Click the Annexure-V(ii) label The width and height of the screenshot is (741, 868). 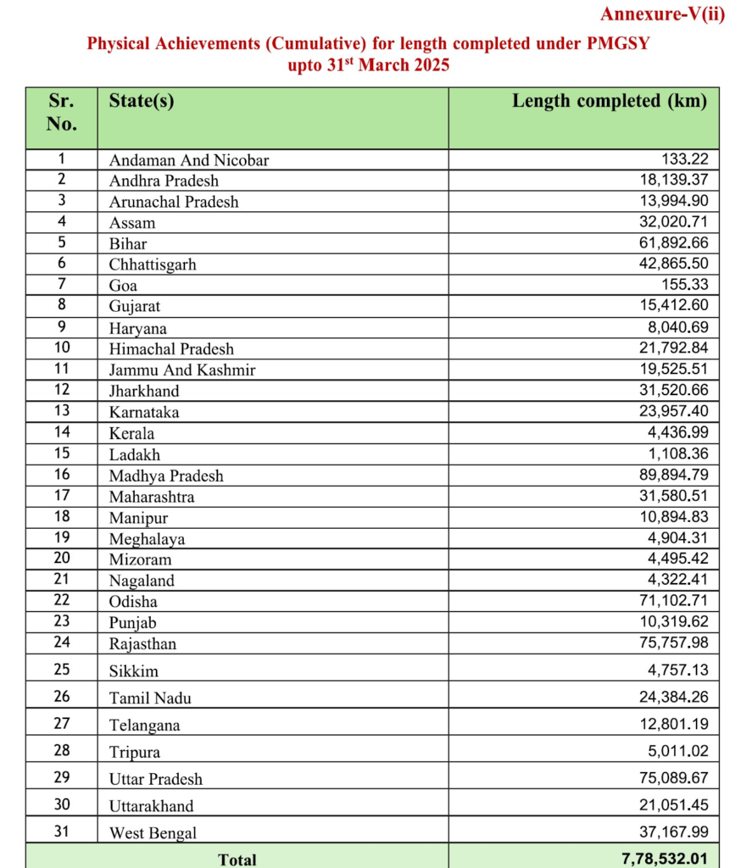tap(662, 14)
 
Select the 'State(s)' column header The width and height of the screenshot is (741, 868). tap(142, 101)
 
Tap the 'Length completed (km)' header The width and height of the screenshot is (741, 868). tap(609, 101)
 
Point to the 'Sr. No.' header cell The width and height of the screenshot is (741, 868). tap(61, 112)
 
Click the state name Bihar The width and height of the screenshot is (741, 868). tap(128, 243)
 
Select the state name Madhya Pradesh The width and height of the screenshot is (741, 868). tap(166, 476)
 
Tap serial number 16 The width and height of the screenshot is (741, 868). tap(61, 475)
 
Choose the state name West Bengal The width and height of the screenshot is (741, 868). tap(153, 832)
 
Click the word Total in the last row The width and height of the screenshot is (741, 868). tap(237, 860)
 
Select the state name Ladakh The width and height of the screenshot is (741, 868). tap(135, 454)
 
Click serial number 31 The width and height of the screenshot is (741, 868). tap(61, 832)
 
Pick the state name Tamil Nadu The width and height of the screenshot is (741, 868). tap(150, 698)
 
